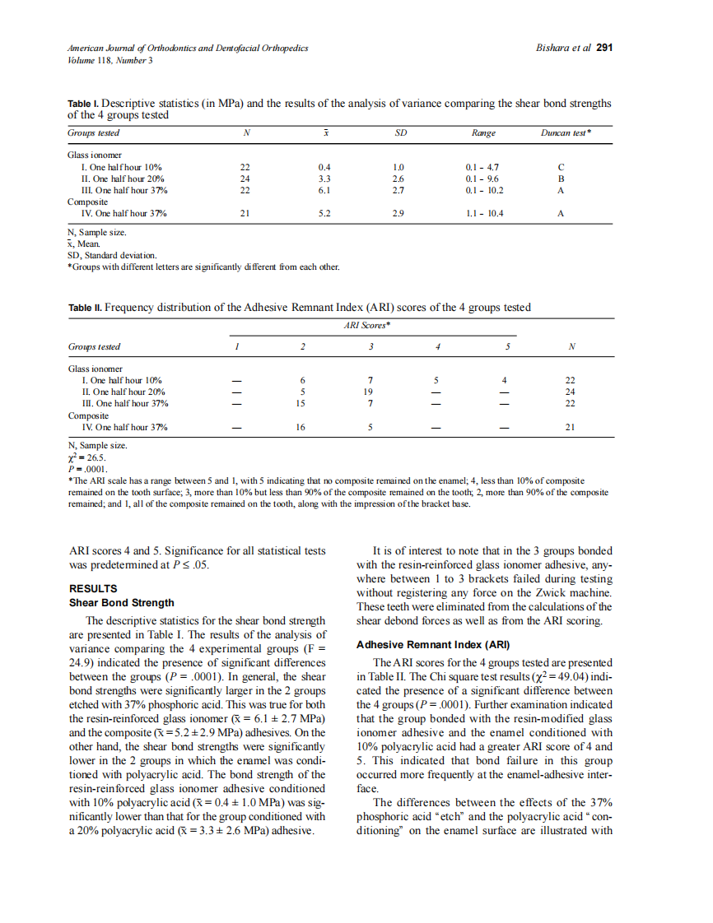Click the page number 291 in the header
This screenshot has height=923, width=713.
pyautogui.click(x=604, y=48)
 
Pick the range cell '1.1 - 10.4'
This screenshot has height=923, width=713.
pyautogui.click(x=484, y=213)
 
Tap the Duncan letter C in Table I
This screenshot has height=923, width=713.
pyautogui.click(x=561, y=167)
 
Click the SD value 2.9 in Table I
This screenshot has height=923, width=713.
pyautogui.click(x=398, y=213)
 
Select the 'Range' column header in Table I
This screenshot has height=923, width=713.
pyautogui.click(x=483, y=132)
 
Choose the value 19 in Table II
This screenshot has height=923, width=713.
pyautogui.click(x=370, y=392)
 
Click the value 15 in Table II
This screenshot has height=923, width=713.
pyautogui.click(x=301, y=404)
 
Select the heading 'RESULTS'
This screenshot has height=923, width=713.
pyautogui.click(x=93, y=589)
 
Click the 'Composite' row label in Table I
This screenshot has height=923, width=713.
pyautogui.click(x=86, y=202)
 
